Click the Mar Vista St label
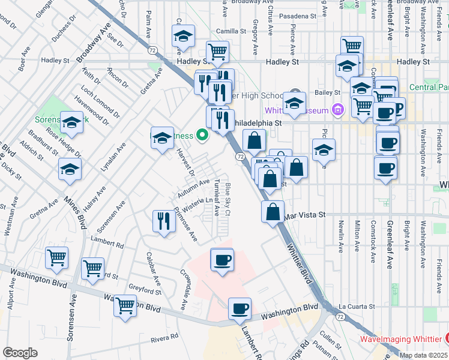point(304,214)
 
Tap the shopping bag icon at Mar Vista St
point(273,211)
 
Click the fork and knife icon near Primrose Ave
point(161,221)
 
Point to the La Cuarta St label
point(356,306)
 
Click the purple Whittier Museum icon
point(338,110)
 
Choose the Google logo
point(20,353)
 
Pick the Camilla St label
point(227,31)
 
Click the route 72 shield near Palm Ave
point(154,49)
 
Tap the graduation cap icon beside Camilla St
point(184,37)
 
